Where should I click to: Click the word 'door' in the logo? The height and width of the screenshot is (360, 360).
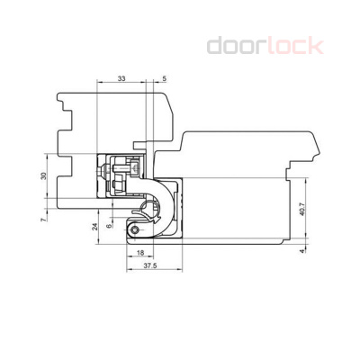point(235,45)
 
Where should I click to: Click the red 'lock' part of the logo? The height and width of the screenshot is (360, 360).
point(292,45)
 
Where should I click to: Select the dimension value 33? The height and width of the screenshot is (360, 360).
point(121,80)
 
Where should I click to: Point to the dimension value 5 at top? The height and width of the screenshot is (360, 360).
point(164,80)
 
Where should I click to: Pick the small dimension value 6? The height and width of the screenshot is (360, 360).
point(108,227)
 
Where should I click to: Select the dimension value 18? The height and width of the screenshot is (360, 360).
point(140,254)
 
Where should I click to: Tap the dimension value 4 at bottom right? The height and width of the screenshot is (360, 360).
point(302,252)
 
